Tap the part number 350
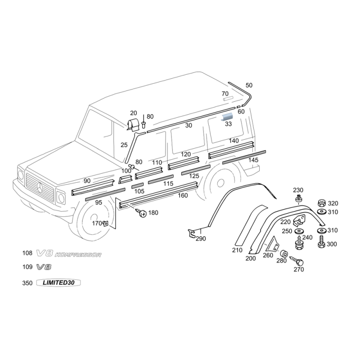point(27,283)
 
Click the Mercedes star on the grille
point(40,188)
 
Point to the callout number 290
point(201,238)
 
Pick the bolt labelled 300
point(321,244)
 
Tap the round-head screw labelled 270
point(299,262)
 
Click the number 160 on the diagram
point(183,195)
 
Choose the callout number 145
point(253,160)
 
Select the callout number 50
point(249,85)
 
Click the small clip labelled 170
point(105,223)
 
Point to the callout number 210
point(237,250)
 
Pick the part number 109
point(27,267)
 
